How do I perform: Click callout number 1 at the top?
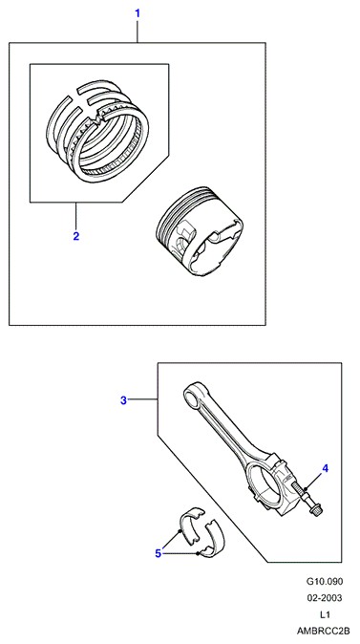click(x=138, y=13)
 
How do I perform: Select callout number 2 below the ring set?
click(x=76, y=236)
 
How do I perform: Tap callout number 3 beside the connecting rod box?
click(x=123, y=400)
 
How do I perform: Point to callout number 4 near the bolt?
click(x=325, y=468)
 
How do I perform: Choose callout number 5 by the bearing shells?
click(x=159, y=553)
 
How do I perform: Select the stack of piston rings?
click(x=97, y=130)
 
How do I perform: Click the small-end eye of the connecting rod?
click(x=191, y=397)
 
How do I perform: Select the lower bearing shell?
click(x=213, y=540)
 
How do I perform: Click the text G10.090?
click(x=324, y=582)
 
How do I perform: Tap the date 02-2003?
click(x=325, y=598)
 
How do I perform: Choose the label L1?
click(x=325, y=614)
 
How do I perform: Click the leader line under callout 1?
click(x=138, y=32)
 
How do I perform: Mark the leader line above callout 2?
click(x=76, y=216)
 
